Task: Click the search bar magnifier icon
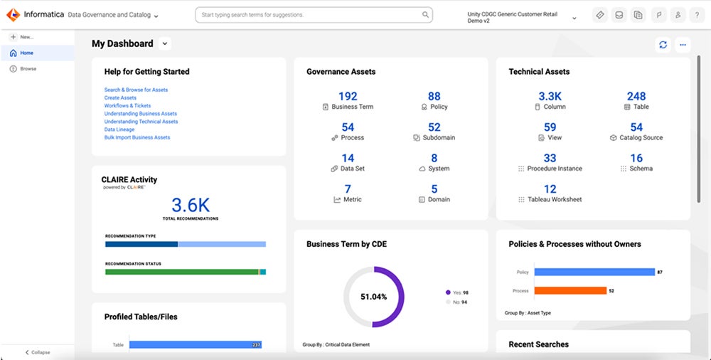click(425, 14)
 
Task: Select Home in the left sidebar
click(26, 53)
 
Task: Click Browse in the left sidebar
click(28, 69)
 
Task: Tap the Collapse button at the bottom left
click(38, 352)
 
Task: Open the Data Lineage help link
click(120, 129)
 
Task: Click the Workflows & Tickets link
click(127, 105)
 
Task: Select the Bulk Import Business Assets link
click(137, 137)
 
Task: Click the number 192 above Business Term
click(348, 96)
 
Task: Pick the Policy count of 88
click(434, 96)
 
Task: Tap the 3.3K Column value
click(550, 96)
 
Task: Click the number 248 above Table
click(636, 96)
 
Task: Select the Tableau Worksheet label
click(554, 200)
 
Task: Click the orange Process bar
click(570, 290)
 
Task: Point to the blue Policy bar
click(594, 272)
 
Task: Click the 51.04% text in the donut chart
click(373, 297)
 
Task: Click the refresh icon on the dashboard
click(663, 45)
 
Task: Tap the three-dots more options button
click(683, 45)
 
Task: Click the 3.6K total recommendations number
click(190, 206)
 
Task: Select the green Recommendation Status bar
click(181, 272)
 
